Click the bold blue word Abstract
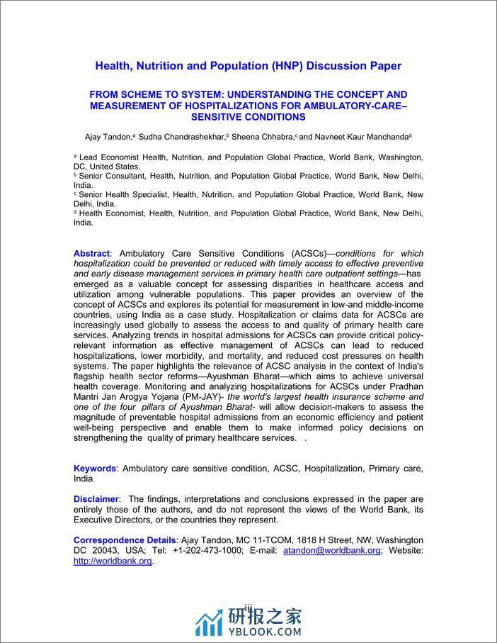[x=91, y=253]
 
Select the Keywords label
[x=95, y=469]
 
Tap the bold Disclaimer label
[x=97, y=499]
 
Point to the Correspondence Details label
[x=124, y=540]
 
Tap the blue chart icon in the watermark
[x=210, y=622]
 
